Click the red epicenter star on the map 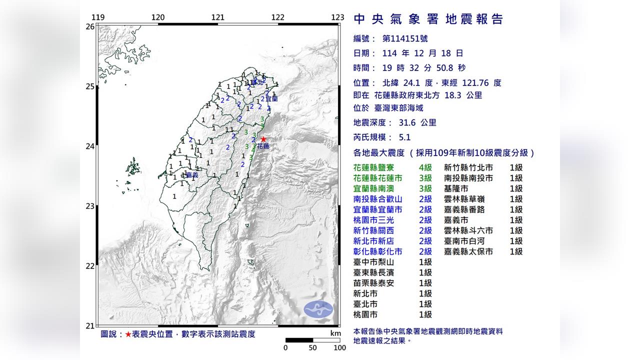(263, 139)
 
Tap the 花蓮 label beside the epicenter (263, 146)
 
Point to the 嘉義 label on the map (192, 175)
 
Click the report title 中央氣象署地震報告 (428, 19)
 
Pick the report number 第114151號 (404, 38)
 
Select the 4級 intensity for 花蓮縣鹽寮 (425, 167)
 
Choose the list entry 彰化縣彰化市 (378, 251)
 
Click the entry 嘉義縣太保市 (468, 251)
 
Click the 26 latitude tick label (90, 26)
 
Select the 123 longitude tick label (337, 17)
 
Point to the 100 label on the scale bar (339, 347)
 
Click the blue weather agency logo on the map (318, 309)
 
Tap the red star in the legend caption (128, 334)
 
